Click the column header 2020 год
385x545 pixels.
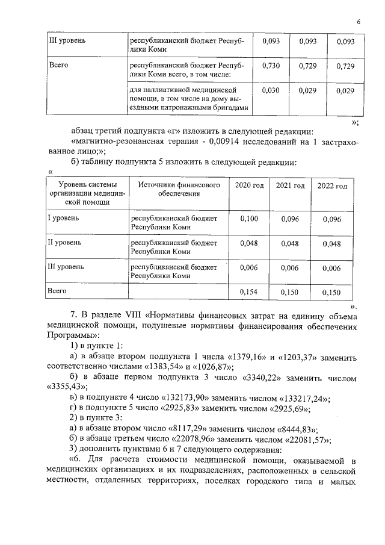tap(249, 185)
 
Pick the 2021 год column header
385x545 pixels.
tap(291, 185)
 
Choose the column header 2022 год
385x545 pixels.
tap(332, 185)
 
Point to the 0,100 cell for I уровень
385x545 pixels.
tap(249, 219)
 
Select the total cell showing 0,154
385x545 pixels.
tap(249, 291)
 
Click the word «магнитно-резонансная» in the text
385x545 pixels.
tap(117, 142)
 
